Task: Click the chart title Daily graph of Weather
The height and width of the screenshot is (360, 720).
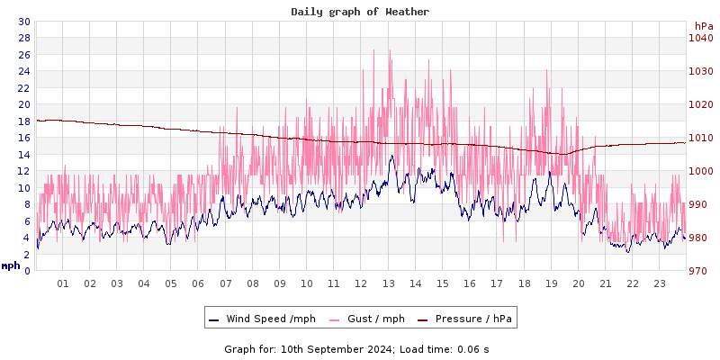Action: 360,12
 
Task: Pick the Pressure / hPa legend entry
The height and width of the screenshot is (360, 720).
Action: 472,319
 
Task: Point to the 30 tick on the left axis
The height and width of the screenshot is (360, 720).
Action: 23,22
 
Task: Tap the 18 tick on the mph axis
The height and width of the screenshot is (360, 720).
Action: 23,121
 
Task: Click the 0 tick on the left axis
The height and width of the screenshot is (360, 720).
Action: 27,271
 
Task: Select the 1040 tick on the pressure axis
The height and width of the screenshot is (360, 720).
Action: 699,38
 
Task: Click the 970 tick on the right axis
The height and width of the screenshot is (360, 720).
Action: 699,271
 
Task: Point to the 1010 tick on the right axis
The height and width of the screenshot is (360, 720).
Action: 699,138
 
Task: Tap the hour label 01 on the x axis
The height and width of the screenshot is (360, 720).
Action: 63,283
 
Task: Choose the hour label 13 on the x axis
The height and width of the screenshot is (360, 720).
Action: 389,283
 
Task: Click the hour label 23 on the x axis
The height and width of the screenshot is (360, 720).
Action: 660,283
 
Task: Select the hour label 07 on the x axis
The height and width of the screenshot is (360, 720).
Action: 226,283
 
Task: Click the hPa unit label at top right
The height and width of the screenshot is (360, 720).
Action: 703,26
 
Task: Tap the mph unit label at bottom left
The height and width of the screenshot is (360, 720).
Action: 11,265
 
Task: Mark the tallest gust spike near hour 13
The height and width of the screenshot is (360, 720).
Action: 390,51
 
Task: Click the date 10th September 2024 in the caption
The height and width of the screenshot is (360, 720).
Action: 331,348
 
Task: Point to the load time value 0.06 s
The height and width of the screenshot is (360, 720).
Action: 473,348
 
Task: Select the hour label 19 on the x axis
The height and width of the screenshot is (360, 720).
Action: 552,283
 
